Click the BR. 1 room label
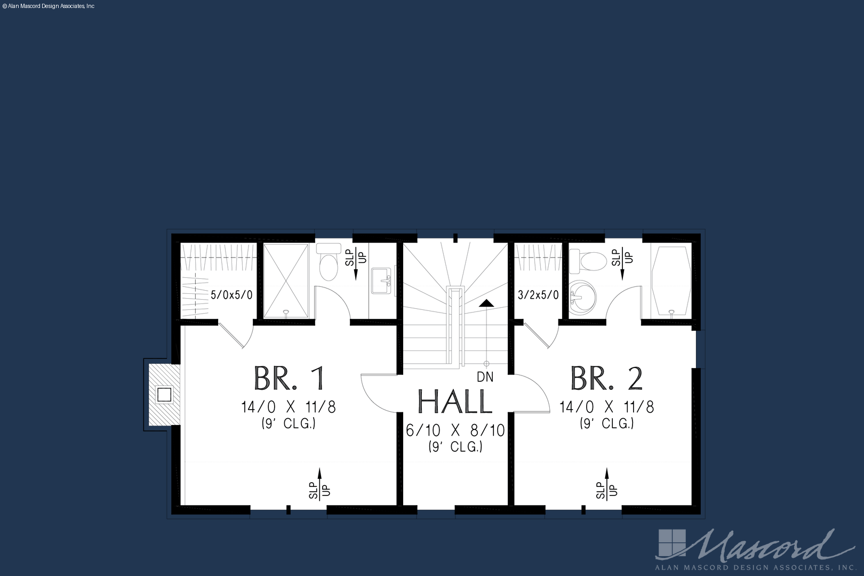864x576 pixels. (x=289, y=379)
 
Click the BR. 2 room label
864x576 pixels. (x=607, y=379)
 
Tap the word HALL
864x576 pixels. (x=455, y=402)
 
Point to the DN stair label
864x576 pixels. (x=485, y=377)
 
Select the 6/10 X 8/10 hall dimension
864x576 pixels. (x=455, y=430)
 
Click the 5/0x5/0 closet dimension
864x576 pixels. (x=231, y=295)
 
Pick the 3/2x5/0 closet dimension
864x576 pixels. (x=538, y=295)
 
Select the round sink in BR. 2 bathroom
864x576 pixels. (x=582, y=298)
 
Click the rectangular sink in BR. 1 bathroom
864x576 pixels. (x=381, y=281)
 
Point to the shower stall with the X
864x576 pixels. (x=286, y=281)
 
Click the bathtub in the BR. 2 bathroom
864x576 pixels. (x=671, y=281)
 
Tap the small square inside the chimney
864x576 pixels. (x=164, y=395)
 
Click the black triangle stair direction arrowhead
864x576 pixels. (x=486, y=303)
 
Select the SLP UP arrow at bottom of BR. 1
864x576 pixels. (x=319, y=484)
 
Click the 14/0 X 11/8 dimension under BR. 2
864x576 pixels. (x=607, y=407)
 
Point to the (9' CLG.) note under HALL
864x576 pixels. (x=455, y=447)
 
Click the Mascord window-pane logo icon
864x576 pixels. (x=672, y=543)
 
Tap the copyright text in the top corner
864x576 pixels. (x=49, y=6)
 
